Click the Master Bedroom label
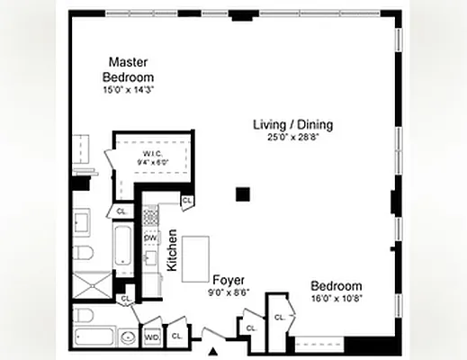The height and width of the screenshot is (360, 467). click(x=128, y=69)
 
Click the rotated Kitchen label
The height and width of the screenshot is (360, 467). click(x=171, y=250)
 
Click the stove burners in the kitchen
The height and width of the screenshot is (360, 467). click(x=150, y=216)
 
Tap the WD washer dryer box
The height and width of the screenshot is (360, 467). click(x=152, y=337)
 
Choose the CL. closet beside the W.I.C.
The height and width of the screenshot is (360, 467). click(x=186, y=201)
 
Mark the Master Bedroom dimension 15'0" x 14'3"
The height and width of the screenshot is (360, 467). click(x=128, y=89)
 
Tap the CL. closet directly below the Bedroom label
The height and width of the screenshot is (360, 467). click(x=280, y=318)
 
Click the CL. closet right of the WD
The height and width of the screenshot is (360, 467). click(x=176, y=336)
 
